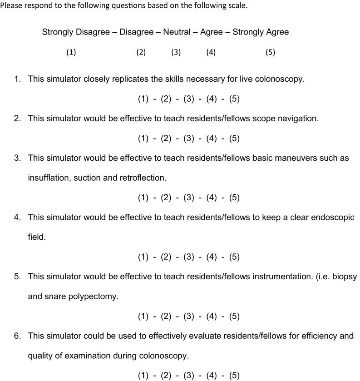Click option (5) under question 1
point(234,99)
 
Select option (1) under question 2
point(143,138)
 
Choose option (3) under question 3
point(188,198)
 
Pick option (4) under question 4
point(212,257)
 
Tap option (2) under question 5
point(166,317)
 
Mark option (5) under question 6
point(234,376)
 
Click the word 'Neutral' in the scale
point(177,32)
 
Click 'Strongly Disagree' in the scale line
point(76,32)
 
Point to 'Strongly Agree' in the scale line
point(261,32)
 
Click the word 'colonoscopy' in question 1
point(281,79)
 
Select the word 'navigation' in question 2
point(298,119)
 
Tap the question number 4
point(17,218)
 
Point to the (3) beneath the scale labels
point(176,52)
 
